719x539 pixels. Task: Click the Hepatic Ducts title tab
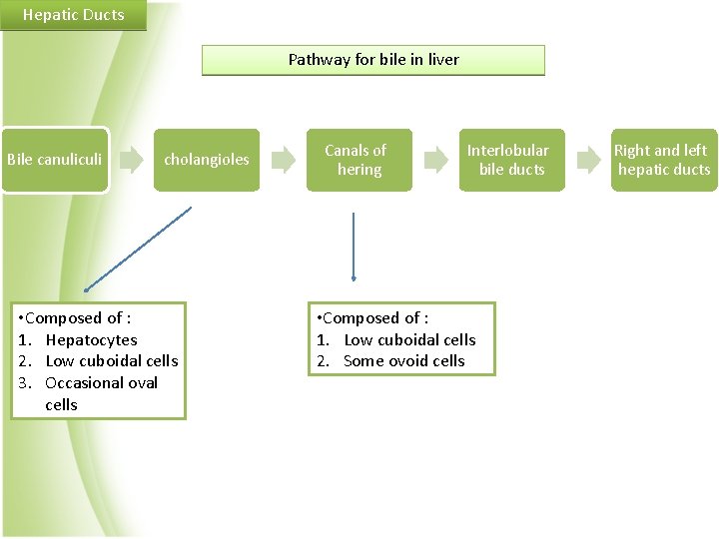73,15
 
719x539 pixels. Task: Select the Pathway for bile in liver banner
373,60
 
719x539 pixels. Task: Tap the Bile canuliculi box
54,160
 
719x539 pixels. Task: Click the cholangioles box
207,160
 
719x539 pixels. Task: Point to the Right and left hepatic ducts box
663,160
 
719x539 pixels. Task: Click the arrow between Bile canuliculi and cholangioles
130,159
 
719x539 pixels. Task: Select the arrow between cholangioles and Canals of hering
284,159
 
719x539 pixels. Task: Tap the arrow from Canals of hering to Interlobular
435,159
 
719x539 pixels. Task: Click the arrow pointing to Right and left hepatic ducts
588,159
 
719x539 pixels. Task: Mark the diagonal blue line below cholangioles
138,249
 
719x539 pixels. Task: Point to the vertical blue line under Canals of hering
354,245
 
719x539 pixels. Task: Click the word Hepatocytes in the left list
91,340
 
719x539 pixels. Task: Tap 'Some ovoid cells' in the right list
403,361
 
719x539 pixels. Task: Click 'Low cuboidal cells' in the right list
409,340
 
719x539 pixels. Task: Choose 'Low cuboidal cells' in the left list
112,361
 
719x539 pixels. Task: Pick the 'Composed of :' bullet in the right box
372,318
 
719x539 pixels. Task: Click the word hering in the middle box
359,170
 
